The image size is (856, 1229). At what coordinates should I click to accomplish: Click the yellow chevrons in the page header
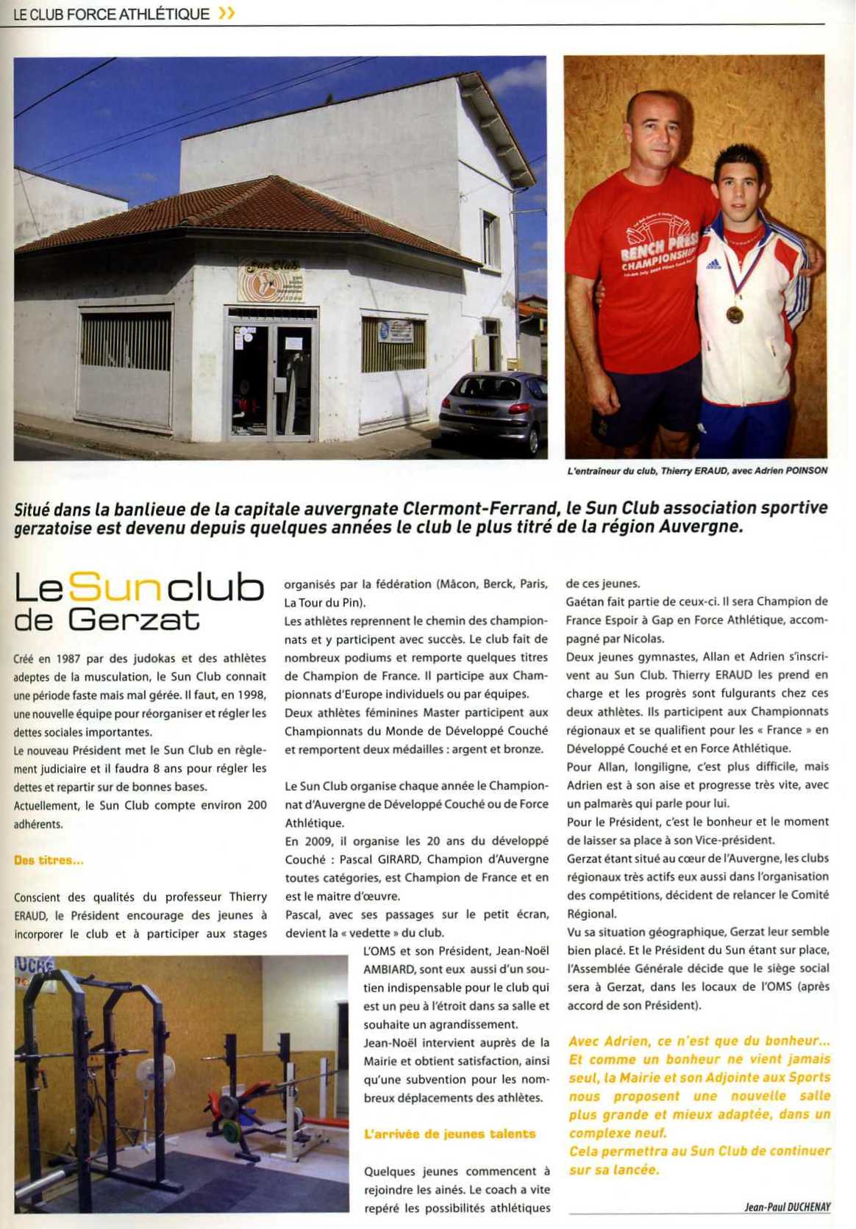(x=227, y=13)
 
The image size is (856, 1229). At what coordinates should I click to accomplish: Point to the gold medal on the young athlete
(x=735, y=315)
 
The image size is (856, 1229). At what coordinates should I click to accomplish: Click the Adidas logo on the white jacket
(x=713, y=262)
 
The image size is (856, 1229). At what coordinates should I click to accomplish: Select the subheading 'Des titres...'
(x=49, y=860)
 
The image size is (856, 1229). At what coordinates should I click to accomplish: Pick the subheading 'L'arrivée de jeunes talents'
(x=449, y=1134)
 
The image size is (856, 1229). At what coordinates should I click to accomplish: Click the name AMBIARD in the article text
(x=390, y=970)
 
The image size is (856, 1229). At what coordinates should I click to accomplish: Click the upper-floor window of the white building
(x=490, y=229)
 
